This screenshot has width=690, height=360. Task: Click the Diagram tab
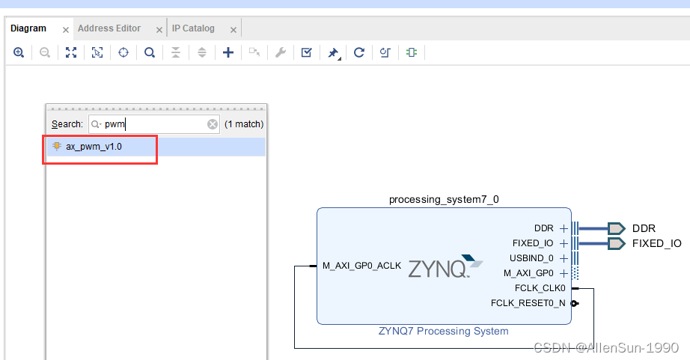28,28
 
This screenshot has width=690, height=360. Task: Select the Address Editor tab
109,28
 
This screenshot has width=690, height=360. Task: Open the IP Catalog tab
193,28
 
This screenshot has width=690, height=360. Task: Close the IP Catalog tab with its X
233,30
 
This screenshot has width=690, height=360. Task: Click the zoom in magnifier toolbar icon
19,52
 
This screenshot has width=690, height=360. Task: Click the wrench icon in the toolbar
281,52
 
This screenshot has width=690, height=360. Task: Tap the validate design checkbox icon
307,52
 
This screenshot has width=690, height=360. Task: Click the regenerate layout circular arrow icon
359,52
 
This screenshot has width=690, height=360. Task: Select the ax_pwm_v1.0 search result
94,147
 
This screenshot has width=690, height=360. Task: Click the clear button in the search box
213,124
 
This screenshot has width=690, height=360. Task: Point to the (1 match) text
244,124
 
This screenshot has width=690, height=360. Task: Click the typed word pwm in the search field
115,124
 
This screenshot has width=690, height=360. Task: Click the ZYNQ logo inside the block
440,267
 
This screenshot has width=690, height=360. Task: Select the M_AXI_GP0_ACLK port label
361,266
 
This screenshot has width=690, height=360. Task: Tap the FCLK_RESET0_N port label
528,303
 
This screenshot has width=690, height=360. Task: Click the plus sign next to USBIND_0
564,258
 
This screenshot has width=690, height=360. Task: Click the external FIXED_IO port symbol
616,243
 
